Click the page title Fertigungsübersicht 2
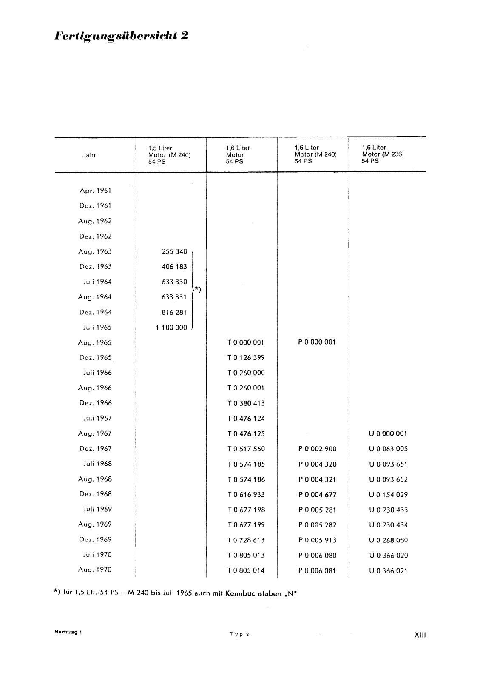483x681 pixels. click(x=122, y=36)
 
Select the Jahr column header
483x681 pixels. click(x=89, y=155)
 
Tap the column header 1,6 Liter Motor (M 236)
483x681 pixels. click(x=383, y=154)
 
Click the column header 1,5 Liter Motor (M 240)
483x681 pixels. click(x=169, y=155)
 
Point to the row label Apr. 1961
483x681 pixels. click(x=95, y=191)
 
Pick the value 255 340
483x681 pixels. click(x=174, y=251)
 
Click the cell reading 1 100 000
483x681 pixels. click(x=171, y=328)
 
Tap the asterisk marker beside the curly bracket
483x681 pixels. click(x=197, y=289)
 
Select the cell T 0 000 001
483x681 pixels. click(x=246, y=342)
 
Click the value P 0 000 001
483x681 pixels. click(x=317, y=342)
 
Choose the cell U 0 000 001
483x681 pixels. click(x=388, y=433)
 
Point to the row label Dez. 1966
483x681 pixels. click(x=95, y=403)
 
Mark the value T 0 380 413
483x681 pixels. click(x=246, y=403)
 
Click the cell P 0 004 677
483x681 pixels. click(x=317, y=495)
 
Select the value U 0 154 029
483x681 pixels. click(x=388, y=495)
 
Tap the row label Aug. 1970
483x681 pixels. click(x=95, y=570)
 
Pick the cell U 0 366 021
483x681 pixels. click(x=388, y=571)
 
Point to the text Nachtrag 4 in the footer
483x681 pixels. click(x=68, y=632)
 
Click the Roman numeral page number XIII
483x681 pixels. click(x=420, y=635)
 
